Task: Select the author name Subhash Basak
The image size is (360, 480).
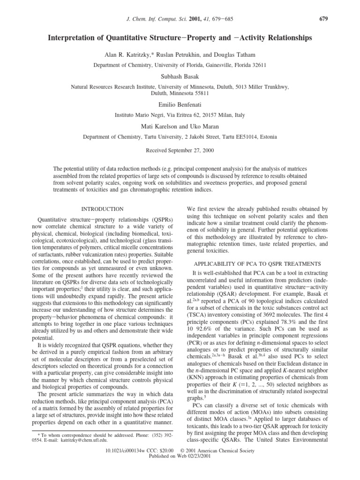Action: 180,76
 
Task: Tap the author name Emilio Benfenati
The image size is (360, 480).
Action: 180,105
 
